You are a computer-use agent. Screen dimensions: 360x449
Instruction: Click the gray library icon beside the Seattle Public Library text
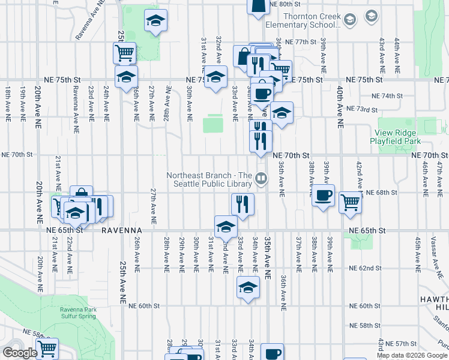coord(261,178)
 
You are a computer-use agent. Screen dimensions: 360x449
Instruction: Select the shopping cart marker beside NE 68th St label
coord(350,202)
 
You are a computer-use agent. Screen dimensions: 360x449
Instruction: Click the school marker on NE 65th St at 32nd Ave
coord(226,227)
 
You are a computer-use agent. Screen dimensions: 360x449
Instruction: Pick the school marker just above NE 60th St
coord(248,287)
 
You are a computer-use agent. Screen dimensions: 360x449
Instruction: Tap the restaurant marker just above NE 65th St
coord(243,204)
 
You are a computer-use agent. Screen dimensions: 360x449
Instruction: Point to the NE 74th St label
coord(387,96)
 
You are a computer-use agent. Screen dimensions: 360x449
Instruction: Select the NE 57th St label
coord(401,343)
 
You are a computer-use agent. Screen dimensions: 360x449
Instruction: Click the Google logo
coord(19,353)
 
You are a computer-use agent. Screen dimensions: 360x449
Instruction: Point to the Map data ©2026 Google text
coord(411,355)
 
